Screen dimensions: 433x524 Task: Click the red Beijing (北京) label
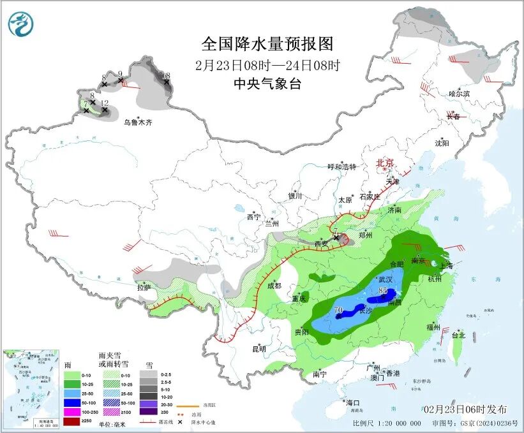[386, 163]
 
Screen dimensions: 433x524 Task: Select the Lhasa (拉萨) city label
[144, 288]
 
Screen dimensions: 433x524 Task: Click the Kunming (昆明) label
[258, 349]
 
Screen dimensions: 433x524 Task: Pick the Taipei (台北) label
[458, 335]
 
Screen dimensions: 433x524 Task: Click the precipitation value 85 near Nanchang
[384, 291]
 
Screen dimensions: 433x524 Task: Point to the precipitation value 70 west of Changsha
[339, 310]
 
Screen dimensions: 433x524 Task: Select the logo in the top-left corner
[20, 24]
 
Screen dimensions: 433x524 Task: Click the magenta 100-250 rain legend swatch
[71, 412]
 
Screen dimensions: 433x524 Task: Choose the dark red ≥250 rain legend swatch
[71, 422]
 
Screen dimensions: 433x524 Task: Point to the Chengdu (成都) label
[275, 286]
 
